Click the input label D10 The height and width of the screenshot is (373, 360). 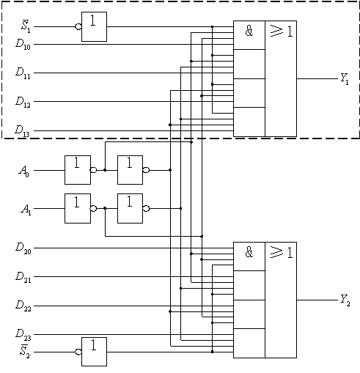[23, 45]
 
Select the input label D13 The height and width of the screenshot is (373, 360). [22, 131]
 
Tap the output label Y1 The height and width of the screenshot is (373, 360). [345, 79]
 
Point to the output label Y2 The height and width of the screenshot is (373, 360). [345, 300]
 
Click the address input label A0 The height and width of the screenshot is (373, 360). [24, 171]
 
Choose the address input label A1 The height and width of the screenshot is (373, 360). [26, 210]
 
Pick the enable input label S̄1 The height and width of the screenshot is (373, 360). [26, 26]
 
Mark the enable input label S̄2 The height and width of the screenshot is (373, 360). [25, 351]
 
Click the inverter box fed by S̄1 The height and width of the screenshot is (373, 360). [94, 26]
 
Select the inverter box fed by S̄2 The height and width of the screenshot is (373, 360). [94, 352]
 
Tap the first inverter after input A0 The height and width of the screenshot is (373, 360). [78, 170]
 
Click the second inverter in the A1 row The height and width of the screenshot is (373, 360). [131, 208]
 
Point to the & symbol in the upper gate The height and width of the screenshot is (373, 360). [249, 31]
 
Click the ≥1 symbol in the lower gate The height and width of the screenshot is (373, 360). [282, 252]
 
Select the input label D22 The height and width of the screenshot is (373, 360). [23, 306]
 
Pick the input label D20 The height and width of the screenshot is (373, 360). [23, 248]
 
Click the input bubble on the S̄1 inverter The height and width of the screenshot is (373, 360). [78, 26]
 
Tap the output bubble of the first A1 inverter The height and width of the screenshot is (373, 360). [94, 208]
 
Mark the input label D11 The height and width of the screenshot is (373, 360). [23, 73]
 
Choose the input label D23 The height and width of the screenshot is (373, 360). [23, 334]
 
